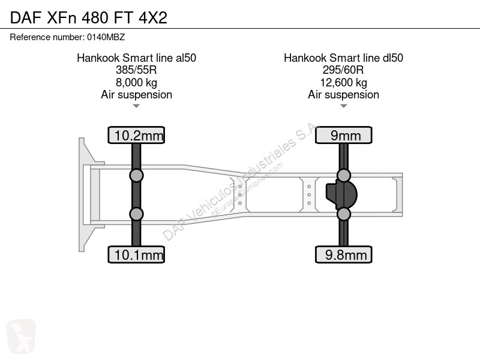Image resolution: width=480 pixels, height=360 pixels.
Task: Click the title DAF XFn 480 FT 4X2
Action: click(89, 17)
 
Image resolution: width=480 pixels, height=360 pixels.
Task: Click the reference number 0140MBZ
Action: click(106, 37)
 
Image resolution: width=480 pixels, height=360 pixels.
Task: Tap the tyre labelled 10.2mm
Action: click(136, 135)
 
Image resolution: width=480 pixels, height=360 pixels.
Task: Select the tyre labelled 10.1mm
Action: click(136, 254)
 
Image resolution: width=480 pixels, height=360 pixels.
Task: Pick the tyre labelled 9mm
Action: click(343, 135)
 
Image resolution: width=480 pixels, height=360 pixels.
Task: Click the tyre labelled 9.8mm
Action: click(343, 254)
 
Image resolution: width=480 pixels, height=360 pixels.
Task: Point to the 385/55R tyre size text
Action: click(136, 70)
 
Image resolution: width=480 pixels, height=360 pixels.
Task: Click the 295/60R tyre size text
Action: click(343, 70)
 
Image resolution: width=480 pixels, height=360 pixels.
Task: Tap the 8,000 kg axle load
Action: click(136, 83)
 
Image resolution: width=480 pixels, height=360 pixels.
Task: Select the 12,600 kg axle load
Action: click(343, 83)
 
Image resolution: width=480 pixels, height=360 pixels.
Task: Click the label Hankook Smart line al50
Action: click(137, 58)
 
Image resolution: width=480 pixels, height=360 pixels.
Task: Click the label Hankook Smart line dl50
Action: click(343, 58)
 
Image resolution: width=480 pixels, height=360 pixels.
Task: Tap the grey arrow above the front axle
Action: click(136, 106)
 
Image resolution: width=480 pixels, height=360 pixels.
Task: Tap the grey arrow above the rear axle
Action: click(343, 106)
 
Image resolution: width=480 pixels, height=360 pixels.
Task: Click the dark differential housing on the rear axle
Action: click(341, 195)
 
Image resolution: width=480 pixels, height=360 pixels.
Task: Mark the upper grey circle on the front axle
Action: click(136, 176)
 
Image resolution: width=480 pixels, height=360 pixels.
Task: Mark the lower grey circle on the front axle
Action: click(136, 214)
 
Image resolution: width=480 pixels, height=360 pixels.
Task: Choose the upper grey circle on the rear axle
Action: click(343, 176)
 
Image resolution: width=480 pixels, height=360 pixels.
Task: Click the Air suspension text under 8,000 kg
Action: click(137, 95)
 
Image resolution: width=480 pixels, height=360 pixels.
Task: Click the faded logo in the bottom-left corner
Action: click(21, 336)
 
